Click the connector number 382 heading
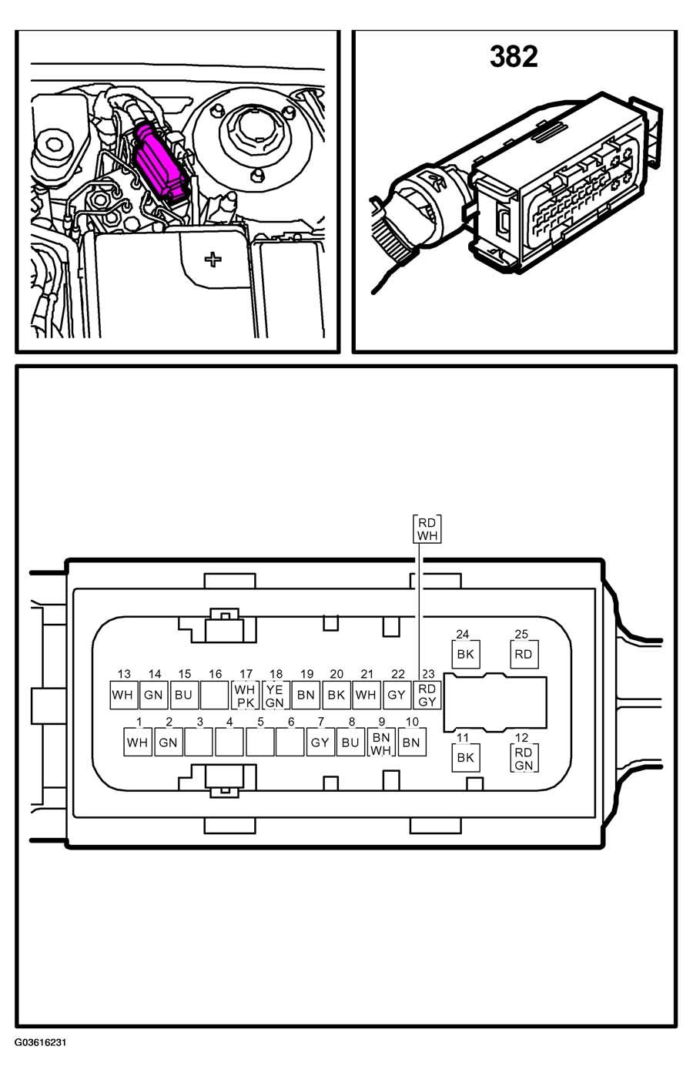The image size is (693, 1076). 514,57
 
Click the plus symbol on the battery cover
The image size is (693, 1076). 213,260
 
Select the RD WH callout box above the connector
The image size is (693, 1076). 427,529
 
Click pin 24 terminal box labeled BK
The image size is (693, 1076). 466,654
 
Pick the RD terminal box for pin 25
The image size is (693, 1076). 524,654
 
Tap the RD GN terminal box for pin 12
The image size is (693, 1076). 524,758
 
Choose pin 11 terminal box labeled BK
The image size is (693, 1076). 466,758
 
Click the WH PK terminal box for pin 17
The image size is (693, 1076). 246,695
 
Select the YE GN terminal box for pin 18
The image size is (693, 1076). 276,695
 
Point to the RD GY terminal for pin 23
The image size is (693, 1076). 427,695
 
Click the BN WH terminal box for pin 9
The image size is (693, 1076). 381,742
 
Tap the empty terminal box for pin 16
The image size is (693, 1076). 215,695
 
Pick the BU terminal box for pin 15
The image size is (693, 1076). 184,695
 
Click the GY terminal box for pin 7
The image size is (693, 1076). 320,742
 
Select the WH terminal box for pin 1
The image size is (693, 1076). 138,742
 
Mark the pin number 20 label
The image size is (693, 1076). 336,674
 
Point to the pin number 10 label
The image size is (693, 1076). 412,722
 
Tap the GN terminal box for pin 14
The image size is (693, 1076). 154,695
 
